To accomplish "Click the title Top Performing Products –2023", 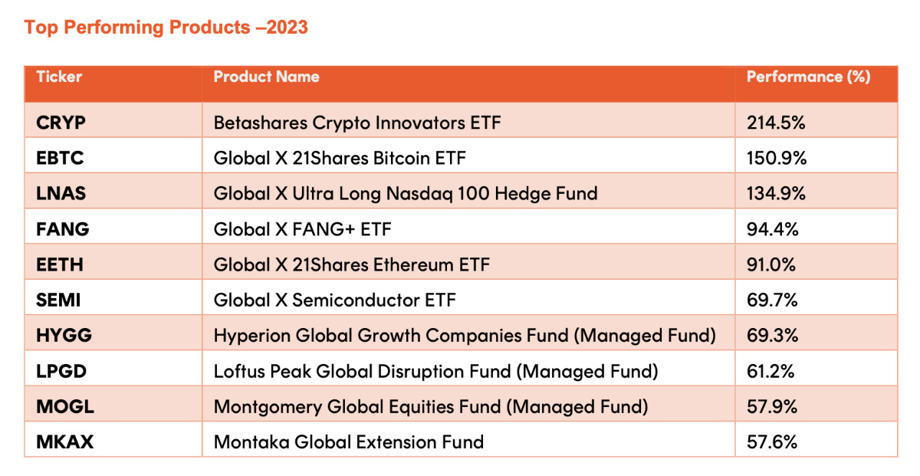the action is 166,28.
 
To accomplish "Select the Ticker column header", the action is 59,77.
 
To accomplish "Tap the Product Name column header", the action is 266,77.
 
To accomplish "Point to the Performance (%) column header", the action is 808,77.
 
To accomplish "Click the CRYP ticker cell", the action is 61,123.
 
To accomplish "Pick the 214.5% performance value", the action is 776,123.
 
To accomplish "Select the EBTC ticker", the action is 60,158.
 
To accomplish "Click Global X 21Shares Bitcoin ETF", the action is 340,158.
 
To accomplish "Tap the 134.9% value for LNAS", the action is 776,193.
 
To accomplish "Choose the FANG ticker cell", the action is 62,229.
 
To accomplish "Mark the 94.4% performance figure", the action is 773,229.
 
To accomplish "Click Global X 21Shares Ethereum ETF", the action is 352,264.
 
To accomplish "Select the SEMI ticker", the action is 58,300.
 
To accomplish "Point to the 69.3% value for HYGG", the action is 773,336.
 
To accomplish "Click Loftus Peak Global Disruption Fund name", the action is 435,371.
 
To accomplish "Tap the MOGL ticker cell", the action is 65,406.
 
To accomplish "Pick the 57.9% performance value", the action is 772,406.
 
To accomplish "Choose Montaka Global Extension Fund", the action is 349,442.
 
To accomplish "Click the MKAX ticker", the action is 65,442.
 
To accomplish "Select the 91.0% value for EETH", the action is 771,264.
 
